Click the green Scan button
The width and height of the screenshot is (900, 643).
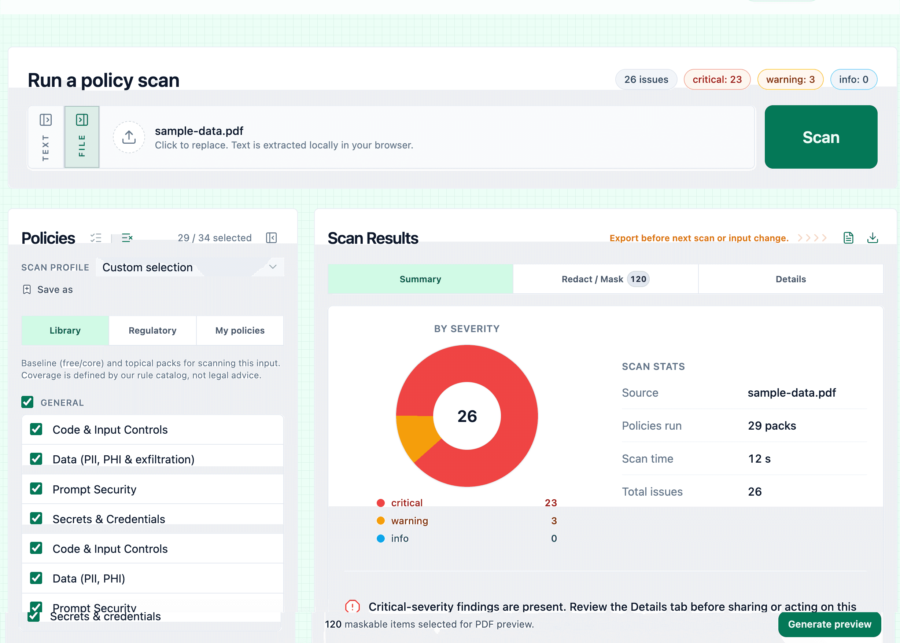click(x=820, y=137)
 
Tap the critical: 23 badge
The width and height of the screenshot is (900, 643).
click(x=717, y=80)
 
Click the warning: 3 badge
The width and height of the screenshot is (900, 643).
click(x=790, y=80)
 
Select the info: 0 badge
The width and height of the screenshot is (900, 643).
click(x=853, y=80)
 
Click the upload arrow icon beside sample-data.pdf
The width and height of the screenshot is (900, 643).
click(x=129, y=137)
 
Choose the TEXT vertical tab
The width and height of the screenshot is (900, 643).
click(x=46, y=137)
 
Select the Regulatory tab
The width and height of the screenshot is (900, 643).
click(x=152, y=330)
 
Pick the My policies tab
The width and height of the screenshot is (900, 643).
click(x=240, y=330)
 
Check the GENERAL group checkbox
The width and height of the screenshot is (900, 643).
click(x=27, y=402)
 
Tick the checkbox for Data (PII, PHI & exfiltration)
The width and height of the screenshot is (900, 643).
click(x=36, y=459)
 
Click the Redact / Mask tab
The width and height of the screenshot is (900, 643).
click(x=605, y=279)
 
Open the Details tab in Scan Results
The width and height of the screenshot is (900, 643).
click(x=790, y=279)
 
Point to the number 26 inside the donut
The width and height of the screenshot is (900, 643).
click(x=467, y=416)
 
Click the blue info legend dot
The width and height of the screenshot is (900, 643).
click(x=381, y=539)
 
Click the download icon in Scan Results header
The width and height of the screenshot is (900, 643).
click(x=872, y=238)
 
